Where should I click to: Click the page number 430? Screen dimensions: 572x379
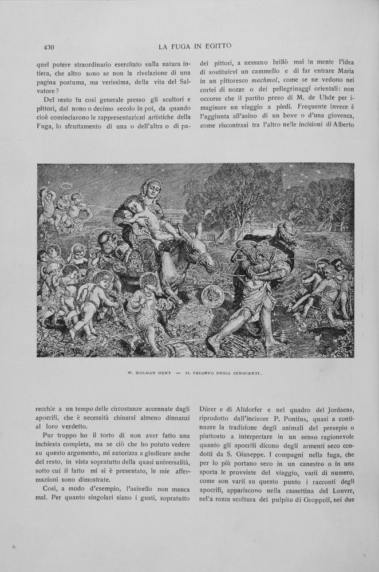pyautogui.click(x=48, y=47)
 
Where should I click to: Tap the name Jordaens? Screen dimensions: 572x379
pyautogui.click(x=338, y=409)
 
